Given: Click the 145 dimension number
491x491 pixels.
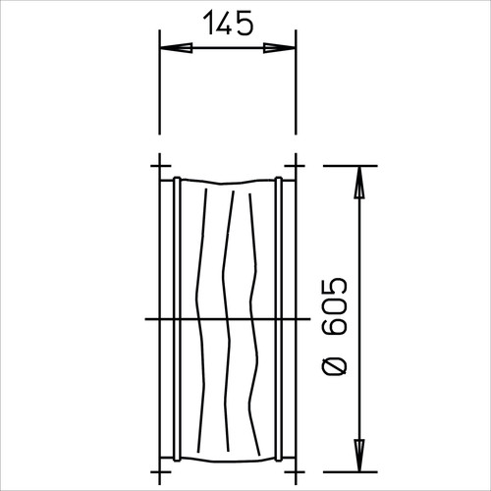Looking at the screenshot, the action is click(228, 23).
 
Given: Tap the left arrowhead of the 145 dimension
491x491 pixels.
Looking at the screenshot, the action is click(176, 48).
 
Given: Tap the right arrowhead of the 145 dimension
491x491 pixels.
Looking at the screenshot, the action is click(279, 48).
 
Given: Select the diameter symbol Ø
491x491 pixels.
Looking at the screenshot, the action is click(334, 366).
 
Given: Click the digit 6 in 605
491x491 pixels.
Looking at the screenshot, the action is click(334, 327).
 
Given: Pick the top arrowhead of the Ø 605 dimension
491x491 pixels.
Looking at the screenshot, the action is click(359, 183).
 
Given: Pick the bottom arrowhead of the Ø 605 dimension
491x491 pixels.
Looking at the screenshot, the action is click(359, 456).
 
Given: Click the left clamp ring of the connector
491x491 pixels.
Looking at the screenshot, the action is click(177, 318).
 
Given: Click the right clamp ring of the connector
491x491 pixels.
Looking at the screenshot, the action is click(279, 318).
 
